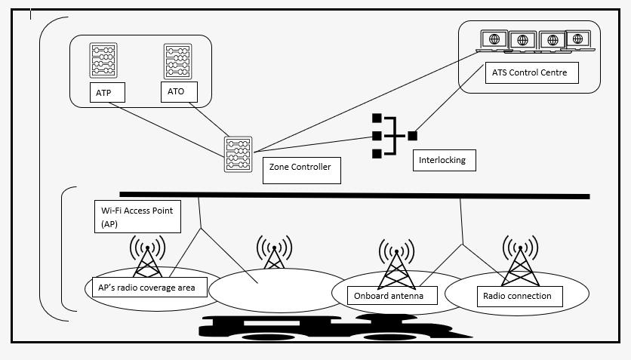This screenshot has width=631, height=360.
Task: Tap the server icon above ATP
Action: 103,61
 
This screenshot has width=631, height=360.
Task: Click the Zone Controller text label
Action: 300,168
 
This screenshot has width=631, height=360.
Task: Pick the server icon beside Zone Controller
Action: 238,155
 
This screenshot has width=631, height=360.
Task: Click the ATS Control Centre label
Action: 532,73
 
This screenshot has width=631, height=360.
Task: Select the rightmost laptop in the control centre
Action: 580,41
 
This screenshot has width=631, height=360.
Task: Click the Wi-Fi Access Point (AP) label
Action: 137,217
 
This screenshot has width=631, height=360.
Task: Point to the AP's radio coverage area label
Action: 146,287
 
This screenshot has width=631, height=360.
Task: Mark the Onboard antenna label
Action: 389,296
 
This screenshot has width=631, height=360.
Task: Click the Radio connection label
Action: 517,296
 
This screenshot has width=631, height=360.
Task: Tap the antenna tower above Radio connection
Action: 519,260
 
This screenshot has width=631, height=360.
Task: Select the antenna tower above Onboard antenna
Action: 396,263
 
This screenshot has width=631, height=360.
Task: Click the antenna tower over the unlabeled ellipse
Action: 274,253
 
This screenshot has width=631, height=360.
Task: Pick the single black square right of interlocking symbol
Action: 412,136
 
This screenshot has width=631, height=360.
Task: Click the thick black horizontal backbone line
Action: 355,195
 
